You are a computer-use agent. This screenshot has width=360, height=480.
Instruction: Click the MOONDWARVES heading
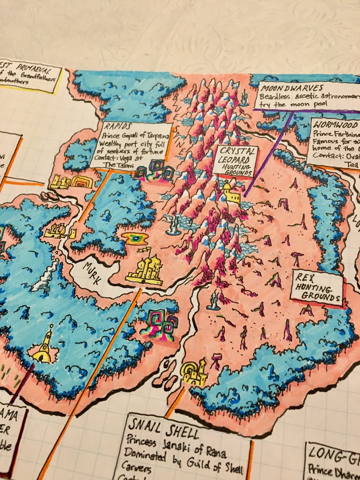(292, 88)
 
